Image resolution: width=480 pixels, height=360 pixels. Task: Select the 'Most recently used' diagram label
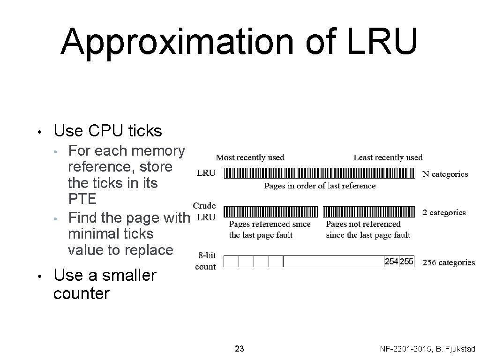pos(250,157)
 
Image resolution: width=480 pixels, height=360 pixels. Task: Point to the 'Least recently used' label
pos(388,157)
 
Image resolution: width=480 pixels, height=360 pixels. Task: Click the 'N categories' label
pos(445,174)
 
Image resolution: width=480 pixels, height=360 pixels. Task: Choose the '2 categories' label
pos(444,212)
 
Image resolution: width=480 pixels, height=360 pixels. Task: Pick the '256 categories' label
pos(449,262)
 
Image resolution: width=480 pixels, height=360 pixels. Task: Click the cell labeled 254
pos(391,262)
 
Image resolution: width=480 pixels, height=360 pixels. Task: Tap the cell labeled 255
pos(406,262)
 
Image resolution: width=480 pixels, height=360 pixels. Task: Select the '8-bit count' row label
pos(206,261)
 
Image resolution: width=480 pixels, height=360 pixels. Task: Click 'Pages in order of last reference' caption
pos(320,186)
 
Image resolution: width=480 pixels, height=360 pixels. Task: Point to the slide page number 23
pos(239,349)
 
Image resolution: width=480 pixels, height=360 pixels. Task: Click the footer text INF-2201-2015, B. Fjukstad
pos(426,349)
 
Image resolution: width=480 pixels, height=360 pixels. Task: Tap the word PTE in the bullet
pos(82,199)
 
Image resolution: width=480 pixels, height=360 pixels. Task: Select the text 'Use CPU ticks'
pos(108,131)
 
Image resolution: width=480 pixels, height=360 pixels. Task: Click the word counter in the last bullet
pos(81,294)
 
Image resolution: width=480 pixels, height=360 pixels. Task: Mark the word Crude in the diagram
pos(204,205)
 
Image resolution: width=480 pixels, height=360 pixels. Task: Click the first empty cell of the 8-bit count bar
pos(232,262)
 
